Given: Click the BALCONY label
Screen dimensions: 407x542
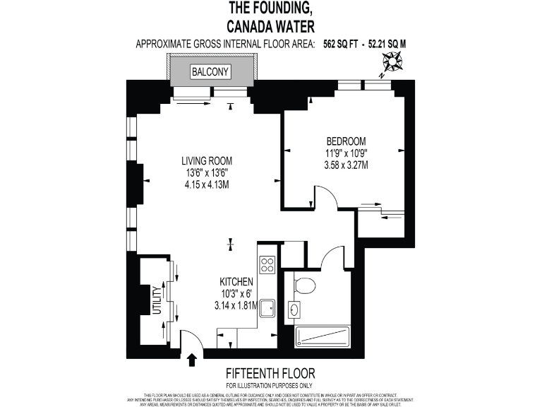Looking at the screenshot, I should tap(210, 72).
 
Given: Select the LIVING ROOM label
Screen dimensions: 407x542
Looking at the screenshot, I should tap(207, 160).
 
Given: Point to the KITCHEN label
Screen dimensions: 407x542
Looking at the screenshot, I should tap(236, 281).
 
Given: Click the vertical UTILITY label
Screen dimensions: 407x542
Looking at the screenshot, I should tap(157, 306).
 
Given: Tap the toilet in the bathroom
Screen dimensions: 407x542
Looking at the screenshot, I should tap(305, 286).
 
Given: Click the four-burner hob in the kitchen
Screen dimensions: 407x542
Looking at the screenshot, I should tap(267, 265).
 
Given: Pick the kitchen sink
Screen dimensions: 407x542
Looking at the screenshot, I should tap(267, 309).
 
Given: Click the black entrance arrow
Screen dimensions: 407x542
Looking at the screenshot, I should tap(192, 360).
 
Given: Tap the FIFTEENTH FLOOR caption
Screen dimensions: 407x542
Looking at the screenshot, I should tap(270, 373).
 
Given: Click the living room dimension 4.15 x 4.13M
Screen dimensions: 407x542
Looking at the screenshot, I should tap(207, 184).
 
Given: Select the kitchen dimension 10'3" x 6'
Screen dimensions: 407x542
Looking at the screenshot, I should tap(236, 293).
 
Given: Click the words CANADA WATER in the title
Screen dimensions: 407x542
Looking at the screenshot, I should tap(270, 27).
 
